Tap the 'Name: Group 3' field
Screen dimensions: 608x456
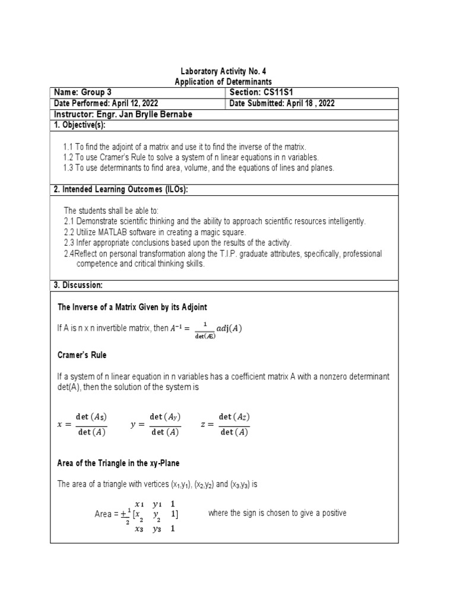(x=83, y=92)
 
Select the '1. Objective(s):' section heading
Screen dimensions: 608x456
(x=80, y=125)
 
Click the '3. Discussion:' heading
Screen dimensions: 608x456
(x=78, y=286)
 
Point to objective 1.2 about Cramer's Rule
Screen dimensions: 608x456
(x=191, y=157)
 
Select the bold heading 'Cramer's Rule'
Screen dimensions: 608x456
(x=82, y=355)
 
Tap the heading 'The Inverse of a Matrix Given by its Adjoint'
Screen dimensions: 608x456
(x=132, y=307)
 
